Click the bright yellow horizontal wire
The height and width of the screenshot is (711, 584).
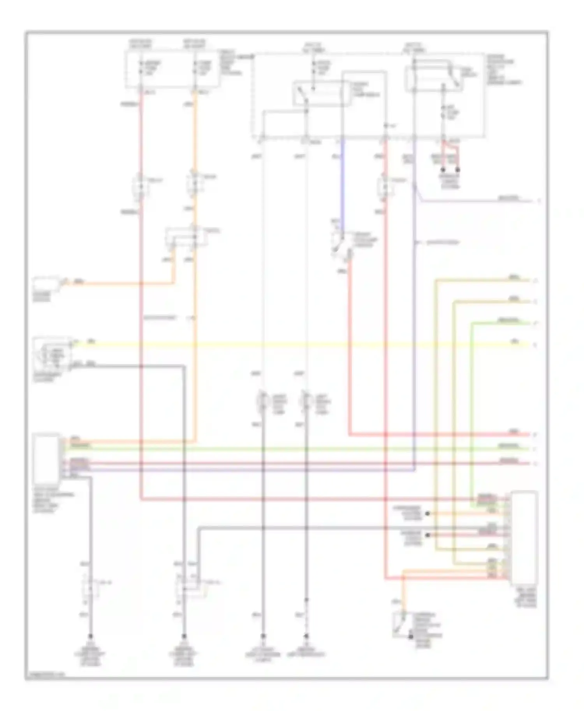pos(296,345)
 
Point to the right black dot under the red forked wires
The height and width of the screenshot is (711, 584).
pos(458,170)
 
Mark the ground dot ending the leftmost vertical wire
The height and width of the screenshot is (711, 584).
pos(90,637)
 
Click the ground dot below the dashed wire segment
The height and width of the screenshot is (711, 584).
pos(306,637)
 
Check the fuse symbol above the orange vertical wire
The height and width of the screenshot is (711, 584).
pos(195,68)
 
